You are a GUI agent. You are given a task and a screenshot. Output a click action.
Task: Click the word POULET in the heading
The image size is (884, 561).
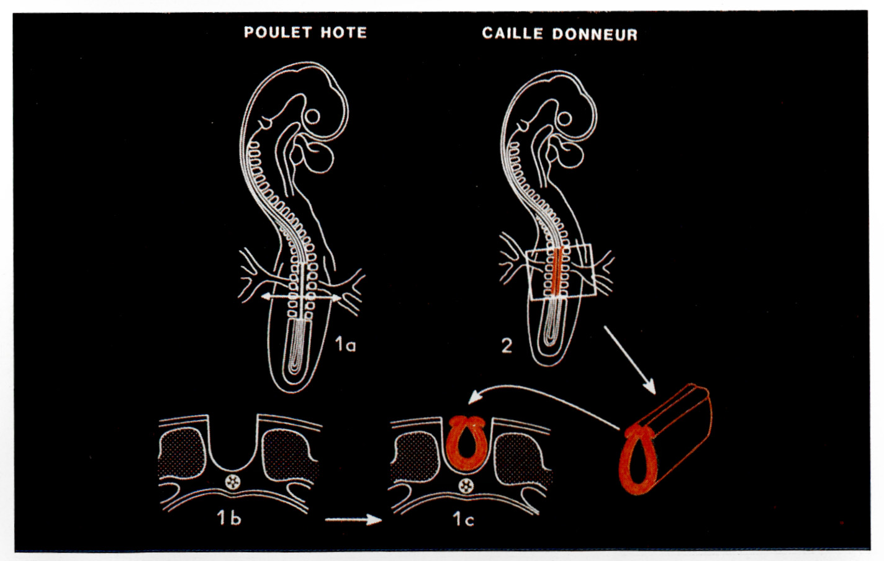click(x=278, y=32)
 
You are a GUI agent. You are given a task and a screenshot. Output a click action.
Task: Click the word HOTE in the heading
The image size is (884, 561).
click(x=344, y=33)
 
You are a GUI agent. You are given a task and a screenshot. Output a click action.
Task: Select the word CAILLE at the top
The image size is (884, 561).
click(x=513, y=34)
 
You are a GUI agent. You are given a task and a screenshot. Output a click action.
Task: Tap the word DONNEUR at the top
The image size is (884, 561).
click(x=595, y=34)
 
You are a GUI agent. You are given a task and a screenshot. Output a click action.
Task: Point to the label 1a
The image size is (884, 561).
click(x=345, y=344)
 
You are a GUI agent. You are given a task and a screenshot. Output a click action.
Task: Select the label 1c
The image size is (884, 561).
click(x=463, y=519)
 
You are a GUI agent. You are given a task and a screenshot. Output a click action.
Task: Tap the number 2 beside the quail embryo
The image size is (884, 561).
click(x=507, y=346)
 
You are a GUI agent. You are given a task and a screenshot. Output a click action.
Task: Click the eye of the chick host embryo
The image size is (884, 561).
click(x=312, y=117)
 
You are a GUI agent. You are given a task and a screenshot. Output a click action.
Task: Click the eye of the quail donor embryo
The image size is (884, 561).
click(x=565, y=119)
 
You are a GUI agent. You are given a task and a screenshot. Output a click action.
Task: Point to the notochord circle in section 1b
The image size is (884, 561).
click(x=232, y=482)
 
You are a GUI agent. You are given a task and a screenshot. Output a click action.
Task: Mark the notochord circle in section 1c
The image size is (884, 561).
click(x=466, y=486)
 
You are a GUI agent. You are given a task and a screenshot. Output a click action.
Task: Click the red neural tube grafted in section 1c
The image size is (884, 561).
click(x=467, y=444)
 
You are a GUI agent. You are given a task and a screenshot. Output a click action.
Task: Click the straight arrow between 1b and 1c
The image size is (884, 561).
click(x=353, y=519)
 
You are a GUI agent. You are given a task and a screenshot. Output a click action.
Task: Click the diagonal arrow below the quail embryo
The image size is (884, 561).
click(x=630, y=360)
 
